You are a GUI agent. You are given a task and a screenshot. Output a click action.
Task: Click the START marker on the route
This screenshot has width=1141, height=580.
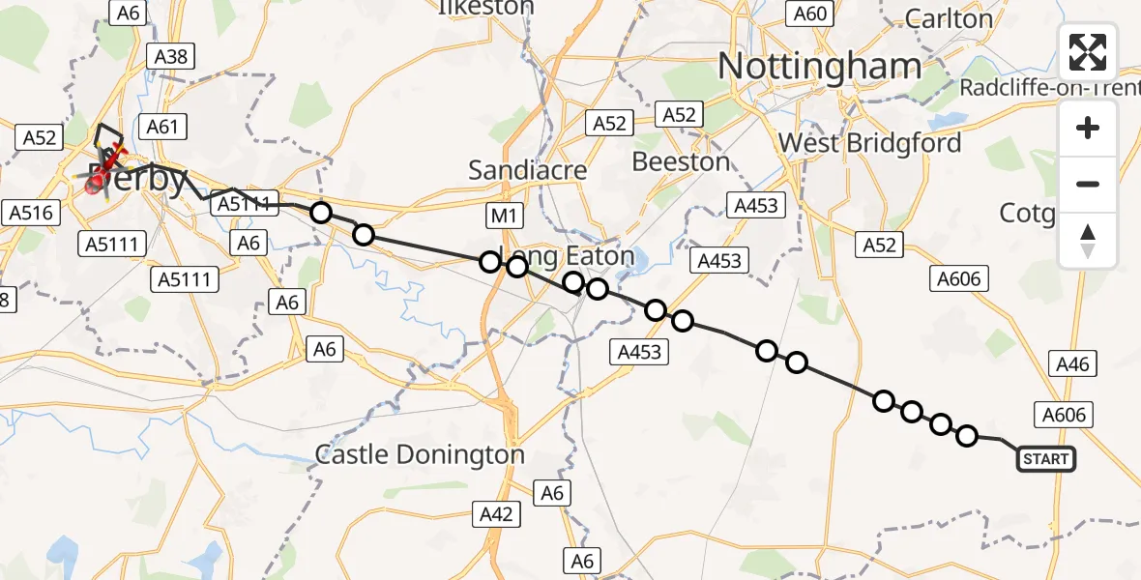click(x=1046, y=459)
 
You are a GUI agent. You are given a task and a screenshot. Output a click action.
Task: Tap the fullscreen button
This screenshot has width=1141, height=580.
click(x=1088, y=52)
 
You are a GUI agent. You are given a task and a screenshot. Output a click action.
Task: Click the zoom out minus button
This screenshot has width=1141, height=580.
click(x=1088, y=184)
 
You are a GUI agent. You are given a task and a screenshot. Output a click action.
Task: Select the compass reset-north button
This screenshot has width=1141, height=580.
click(x=1088, y=241)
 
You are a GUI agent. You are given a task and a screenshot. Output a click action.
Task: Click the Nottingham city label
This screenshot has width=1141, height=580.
click(x=820, y=66)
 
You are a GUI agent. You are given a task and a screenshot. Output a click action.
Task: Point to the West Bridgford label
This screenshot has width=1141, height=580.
click(x=869, y=143)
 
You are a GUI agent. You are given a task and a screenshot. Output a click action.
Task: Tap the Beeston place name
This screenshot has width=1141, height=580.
click(x=681, y=161)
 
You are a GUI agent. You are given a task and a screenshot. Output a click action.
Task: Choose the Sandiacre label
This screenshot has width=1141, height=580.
click(x=527, y=170)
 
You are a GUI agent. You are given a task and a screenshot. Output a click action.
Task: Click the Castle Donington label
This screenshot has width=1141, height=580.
click(x=421, y=454)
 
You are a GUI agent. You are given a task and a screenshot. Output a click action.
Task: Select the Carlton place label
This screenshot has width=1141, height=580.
click(x=949, y=18)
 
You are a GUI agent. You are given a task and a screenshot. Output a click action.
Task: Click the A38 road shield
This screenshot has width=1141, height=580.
click(x=171, y=56)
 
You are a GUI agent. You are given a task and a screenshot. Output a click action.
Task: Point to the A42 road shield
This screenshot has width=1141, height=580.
click(x=496, y=514)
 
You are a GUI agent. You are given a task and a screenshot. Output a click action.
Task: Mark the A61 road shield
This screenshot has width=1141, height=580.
click(x=163, y=126)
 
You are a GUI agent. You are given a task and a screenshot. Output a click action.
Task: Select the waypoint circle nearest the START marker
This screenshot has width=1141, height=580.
click(x=967, y=436)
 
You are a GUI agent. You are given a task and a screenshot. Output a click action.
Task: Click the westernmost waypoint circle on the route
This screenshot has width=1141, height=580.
click(x=320, y=213)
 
